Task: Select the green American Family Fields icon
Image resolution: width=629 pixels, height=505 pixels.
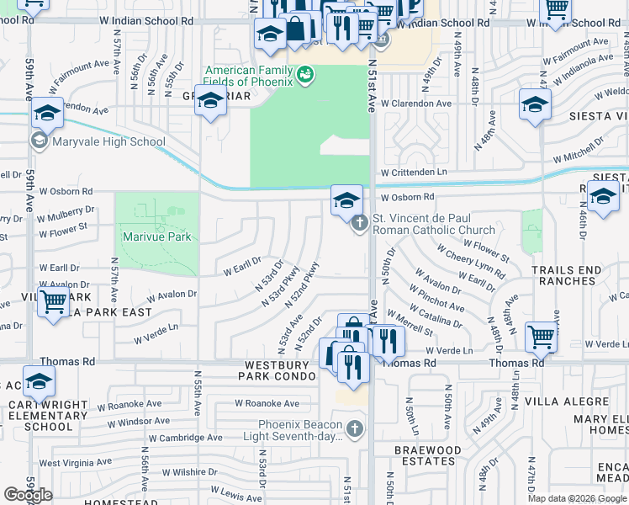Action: [x=306, y=75]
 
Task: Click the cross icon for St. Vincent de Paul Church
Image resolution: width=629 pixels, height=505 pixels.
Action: [x=359, y=223]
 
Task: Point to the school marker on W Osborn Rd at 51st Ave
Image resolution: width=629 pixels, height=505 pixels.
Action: [x=346, y=201]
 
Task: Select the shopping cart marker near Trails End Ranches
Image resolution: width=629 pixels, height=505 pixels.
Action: [x=541, y=337]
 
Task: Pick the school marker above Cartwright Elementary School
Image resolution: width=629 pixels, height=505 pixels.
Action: [x=39, y=383]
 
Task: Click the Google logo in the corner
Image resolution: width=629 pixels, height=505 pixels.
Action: [x=29, y=495]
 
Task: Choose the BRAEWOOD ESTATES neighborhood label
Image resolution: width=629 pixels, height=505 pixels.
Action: [x=428, y=456]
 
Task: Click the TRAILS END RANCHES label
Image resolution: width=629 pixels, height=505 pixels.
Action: [x=567, y=275]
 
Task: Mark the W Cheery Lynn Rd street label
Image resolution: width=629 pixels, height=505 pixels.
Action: [x=470, y=261]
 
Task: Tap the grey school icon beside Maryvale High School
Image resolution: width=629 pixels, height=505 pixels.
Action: [x=39, y=141]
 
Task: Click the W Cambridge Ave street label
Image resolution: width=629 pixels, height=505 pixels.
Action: [x=187, y=438]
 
